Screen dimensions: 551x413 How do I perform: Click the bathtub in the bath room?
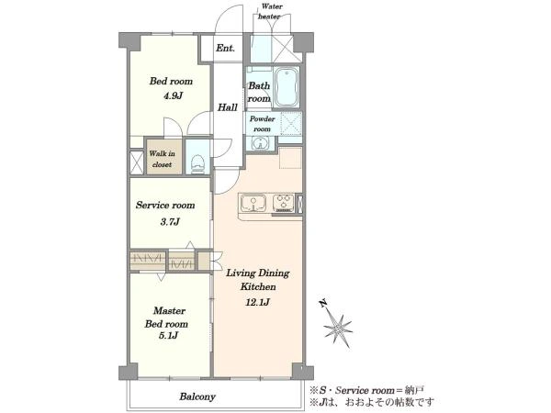click(x=287, y=87)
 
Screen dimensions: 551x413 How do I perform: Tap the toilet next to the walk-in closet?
click(x=197, y=163)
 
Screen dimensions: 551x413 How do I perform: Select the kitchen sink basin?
click(x=253, y=204)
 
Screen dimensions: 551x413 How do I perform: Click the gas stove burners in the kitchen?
click(x=283, y=203)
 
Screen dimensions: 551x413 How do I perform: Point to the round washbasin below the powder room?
click(x=260, y=143)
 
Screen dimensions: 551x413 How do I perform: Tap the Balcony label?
click(x=197, y=396)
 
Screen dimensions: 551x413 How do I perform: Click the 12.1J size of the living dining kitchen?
click(x=257, y=302)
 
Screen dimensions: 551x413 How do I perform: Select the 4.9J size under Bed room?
click(x=173, y=95)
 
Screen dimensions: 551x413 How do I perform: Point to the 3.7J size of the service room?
click(x=170, y=221)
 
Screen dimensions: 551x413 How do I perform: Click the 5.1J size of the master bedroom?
click(x=168, y=335)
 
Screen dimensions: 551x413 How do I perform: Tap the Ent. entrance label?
click(x=225, y=48)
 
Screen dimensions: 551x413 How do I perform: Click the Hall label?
click(x=228, y=107)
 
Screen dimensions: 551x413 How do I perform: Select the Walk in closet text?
click(x=162, y=159)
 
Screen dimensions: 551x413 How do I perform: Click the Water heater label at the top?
click(x=271, y=11)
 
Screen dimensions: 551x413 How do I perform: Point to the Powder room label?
click(x=262, y=124)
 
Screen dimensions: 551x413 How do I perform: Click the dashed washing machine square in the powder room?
click(x=291, y=124)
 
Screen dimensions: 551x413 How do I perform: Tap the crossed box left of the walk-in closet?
click(x=136, y=162)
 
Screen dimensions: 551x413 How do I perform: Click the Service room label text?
click(x=165, y=205)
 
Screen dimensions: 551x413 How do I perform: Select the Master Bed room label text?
click(x=167, y=318)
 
